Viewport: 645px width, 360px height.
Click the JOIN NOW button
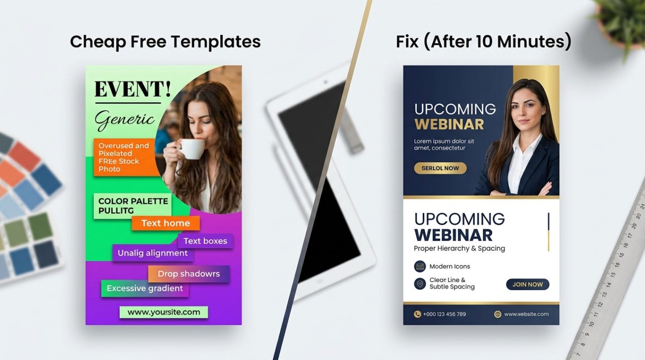[x=527, y=284]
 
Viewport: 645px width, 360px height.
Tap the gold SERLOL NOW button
[x=440, y=168]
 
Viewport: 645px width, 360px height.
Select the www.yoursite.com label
[x=164, y=312]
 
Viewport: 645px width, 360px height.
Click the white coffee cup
[x=192, y=149]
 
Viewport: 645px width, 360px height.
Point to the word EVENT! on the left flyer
[x=132, y=89]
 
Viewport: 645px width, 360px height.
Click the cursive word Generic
[x=125, y=119]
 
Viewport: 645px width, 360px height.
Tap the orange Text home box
[x=165, y=223]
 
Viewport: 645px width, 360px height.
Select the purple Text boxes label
[x=205, y=241]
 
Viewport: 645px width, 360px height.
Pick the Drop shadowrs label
[x=189, y=274]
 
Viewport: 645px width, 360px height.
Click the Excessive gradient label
[x=144, y=289]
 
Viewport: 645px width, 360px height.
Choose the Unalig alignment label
[x=152, y=253]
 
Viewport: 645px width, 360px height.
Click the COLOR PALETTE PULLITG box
[x=132, y=206]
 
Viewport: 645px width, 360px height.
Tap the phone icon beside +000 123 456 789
[x=417, y=314]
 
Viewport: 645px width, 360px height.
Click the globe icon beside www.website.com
[x=498, y=314]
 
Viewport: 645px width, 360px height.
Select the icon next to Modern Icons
[x=420, y=266]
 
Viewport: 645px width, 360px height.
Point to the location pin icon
[x=420, y=284]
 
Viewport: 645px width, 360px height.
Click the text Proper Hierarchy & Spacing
[x=459, y=248]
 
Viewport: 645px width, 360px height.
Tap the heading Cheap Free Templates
[x=165, y=42]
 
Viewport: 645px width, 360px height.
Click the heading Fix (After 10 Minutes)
[x=483, y=42]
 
